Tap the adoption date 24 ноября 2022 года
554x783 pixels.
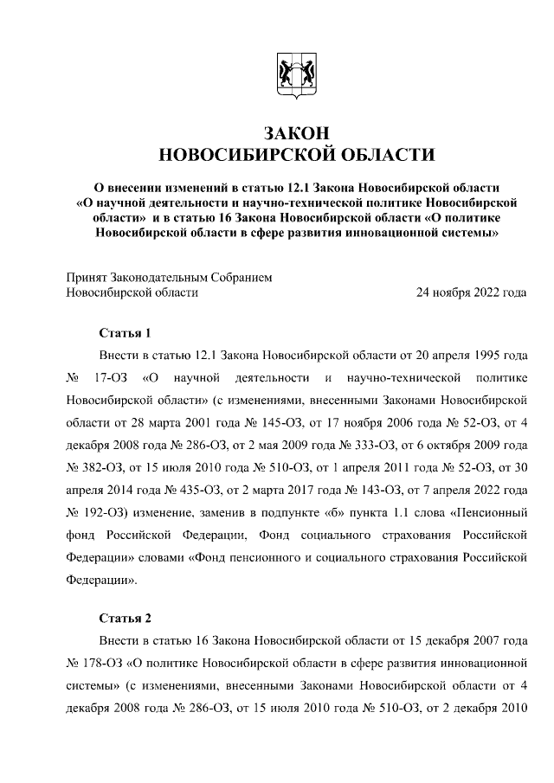click(472, 292)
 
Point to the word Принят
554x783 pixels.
click(87, 278)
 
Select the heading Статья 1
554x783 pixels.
click(126, 333)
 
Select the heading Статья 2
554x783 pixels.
click(126, 618)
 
